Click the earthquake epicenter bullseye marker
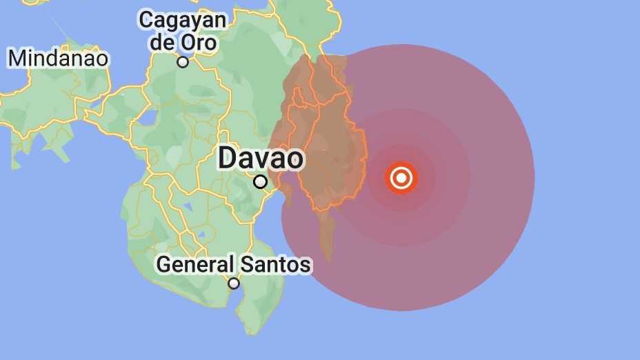tap(401, 178)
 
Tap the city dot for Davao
tap(260, 181)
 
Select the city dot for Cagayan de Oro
tap(183, 62)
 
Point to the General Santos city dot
tap(234, 283)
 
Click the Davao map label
tap(260, 159)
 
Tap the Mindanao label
tap(58, 58)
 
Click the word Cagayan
tap(182, 20)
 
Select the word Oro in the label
tap(199, 42)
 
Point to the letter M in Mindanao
tap(17, 58)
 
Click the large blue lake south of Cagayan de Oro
tap(147, 117)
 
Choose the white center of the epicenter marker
tap(401, 178)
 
